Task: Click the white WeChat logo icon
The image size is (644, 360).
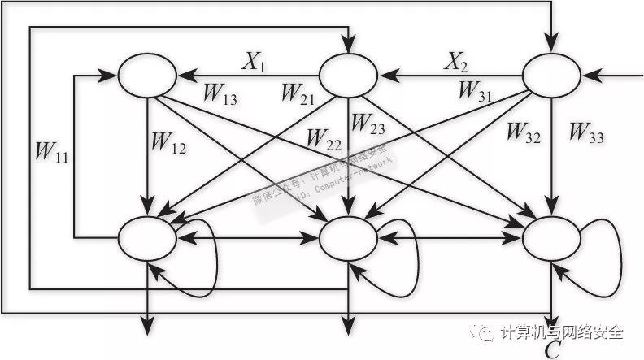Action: (x=485, y=333)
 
